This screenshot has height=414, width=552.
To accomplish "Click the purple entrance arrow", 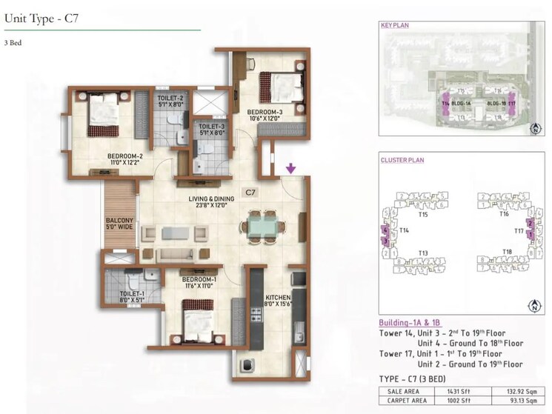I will pos(290,169).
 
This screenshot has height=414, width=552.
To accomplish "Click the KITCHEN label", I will pos(280,298).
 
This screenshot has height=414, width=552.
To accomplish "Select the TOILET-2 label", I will pos(170,101).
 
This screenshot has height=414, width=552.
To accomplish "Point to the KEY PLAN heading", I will pos(395,25).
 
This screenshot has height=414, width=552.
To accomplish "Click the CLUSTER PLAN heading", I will pos(402,160).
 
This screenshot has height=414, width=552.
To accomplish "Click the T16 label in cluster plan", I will pos(504,213).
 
